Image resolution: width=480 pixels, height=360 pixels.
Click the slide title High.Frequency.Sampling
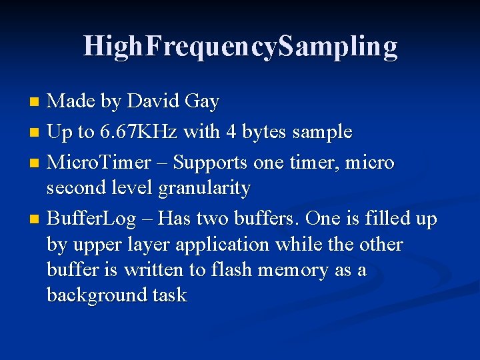[240, 46]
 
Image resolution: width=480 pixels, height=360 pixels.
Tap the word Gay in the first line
[201, 101]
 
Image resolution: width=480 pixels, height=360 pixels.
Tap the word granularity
[204, 189]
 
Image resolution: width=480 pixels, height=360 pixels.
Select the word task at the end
[170, 295]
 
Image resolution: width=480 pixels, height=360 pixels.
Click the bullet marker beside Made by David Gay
[36, 102]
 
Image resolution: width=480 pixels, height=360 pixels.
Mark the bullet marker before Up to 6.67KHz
[36, 133]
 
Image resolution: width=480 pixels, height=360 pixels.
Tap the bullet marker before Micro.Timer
[36, 163]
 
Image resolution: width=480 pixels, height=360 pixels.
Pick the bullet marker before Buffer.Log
[36, 219]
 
